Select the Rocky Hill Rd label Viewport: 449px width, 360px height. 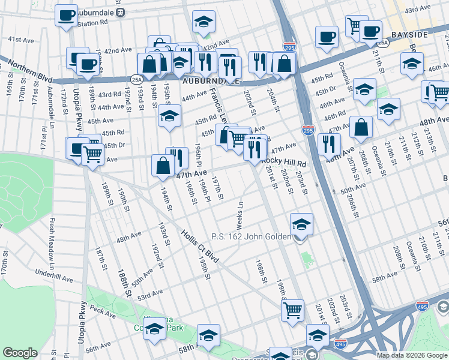(285, 163)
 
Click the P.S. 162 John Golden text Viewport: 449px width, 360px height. (255, 237)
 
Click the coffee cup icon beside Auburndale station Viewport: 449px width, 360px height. (66, 14)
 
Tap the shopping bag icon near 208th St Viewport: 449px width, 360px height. (362, 127)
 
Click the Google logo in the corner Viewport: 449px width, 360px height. (19, 353)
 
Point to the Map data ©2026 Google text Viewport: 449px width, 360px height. (411, 355)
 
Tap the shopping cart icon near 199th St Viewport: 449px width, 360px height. (292, 310)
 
